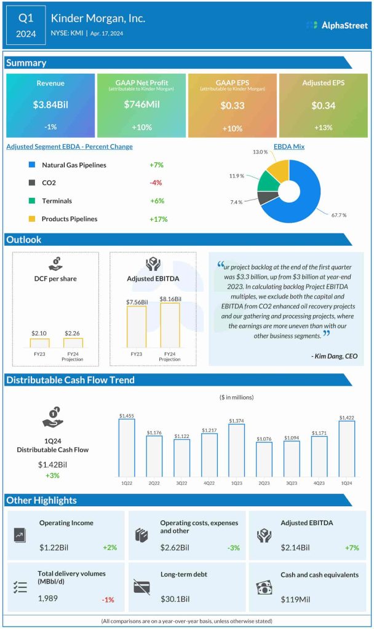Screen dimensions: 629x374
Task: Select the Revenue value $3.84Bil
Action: click(50, 106)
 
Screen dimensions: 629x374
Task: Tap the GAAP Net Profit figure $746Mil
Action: click(141, 106)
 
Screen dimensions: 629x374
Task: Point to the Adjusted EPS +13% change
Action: click(323, 127)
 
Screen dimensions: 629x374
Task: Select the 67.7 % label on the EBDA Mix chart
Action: click(338, 215)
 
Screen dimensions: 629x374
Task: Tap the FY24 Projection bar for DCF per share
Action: click(73, 343)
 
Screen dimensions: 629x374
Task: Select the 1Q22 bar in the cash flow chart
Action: click(127, 448)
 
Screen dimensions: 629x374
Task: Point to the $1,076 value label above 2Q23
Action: click(264, 439)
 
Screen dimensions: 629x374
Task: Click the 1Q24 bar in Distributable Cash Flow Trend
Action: click(346, 449)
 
